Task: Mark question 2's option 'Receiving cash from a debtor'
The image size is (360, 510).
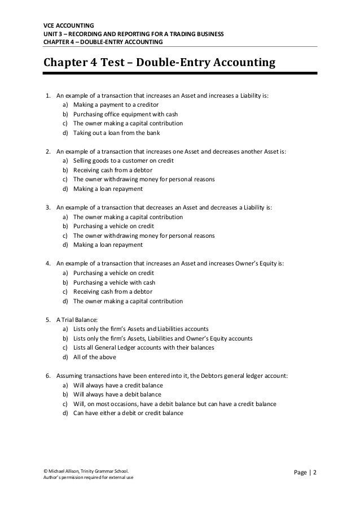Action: click(112, 170)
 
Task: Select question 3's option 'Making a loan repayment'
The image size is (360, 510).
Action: click(108, 245)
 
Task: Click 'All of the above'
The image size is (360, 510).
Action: click(96, 357)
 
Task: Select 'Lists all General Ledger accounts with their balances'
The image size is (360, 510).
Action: click(143, 347)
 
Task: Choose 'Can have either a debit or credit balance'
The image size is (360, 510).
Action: click(129, 413)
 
